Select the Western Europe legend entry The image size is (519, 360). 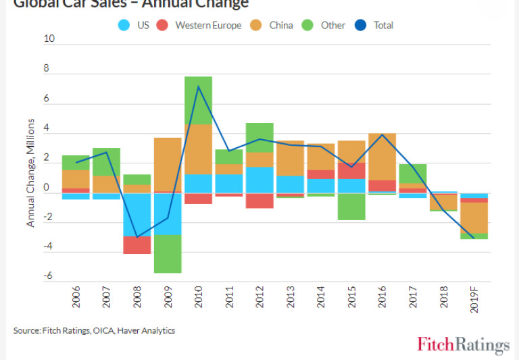coord(201,26)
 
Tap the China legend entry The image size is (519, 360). coord(273,26)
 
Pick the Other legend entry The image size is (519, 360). coord(325,26)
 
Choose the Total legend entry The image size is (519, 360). coord(375,26)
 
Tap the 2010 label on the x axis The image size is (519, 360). coord(199,299)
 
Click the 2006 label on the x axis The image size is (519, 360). coord(76,299)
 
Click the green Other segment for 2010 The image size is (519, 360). coord(198,100)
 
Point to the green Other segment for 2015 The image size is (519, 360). coord(352,206)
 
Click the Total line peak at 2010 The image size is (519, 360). coord(198,86)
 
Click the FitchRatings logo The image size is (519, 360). coord(463,344)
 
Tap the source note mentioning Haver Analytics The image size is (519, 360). coord(94,330)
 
